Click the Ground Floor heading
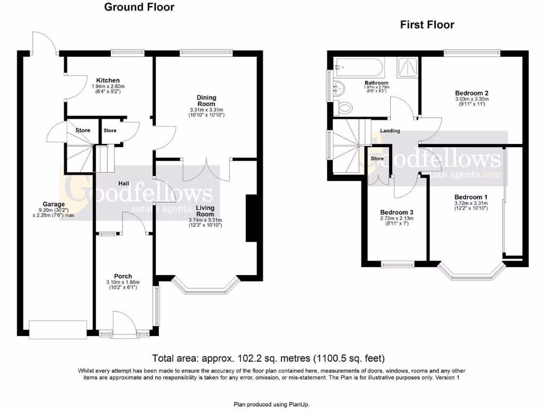pyautogui.click(x=139, y=7)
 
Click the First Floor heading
pyautogui.click(x=427, y=25)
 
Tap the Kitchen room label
pyautogui.click(x=108, y=80)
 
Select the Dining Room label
pyautogui.click(x=206, y=101)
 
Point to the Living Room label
pyautogui.click(x=205, y=211)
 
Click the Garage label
pyautogui.click(x=54, y=204)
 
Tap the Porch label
pyautogui.click(x=123, y=276)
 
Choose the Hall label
pyautogui.click(x=124, y=184)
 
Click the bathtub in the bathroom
pyautogui.click(x=359, y=67)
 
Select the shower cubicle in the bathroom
pyautogui.click(x=407, y=68)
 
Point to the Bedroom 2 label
pyautogui.click(x=472, y=93)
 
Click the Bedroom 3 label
pyautogui.click(x=397, y=212)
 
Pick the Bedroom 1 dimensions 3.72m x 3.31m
pyautogui.click(x=471, y=203)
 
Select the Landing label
pyautogui.click(x=390, y=131)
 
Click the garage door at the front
pyautogui.click(x=58, y=330)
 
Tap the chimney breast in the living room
pyautogui.click(x=252, y=218)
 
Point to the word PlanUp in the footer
pyautogui.click(x=299, y=405)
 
